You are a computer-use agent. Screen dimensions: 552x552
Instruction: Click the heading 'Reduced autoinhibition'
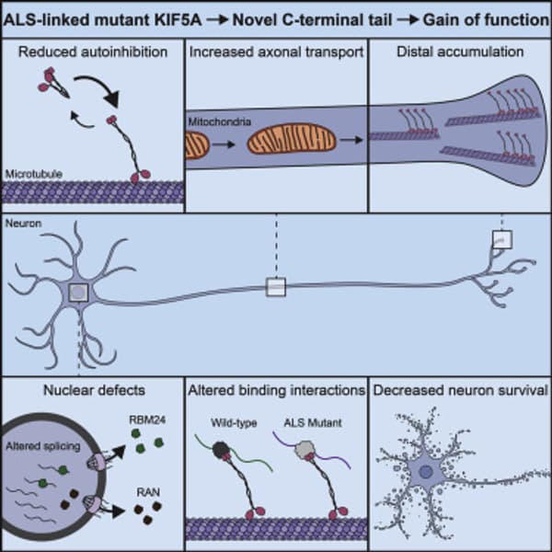click(x=92, y=51)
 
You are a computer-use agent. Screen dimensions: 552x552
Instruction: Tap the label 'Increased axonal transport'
click(x=275, y=51)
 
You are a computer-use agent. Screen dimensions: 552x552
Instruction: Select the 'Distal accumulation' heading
click(x=460, y=51)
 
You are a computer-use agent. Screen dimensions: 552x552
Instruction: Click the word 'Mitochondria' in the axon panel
click(x=218, y=121)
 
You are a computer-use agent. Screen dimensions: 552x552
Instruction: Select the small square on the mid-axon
click(x=276, y=287)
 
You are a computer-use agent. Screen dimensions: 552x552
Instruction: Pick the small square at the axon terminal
click(x=501, y=240)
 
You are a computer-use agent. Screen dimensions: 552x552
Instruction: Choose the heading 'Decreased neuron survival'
click(x=460, y=390)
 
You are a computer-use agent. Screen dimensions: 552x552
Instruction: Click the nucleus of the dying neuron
click(x=426, y=472)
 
